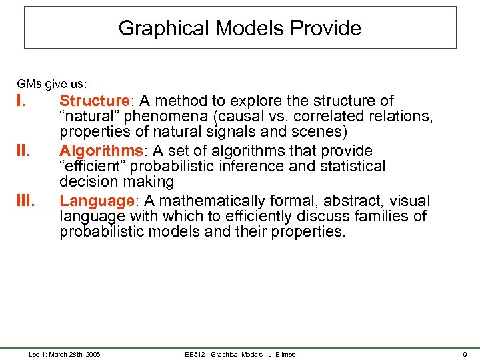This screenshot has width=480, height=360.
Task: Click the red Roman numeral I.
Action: (20, 101)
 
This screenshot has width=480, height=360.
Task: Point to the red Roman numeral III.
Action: (25, 201)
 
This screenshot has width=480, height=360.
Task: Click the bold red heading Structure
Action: (95, 101)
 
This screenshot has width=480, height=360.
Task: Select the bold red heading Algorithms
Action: (101, 151)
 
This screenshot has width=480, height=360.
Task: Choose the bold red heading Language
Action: (97, 201)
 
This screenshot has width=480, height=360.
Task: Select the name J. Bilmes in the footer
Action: (278, 354)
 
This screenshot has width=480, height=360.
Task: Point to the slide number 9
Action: (465, 354)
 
